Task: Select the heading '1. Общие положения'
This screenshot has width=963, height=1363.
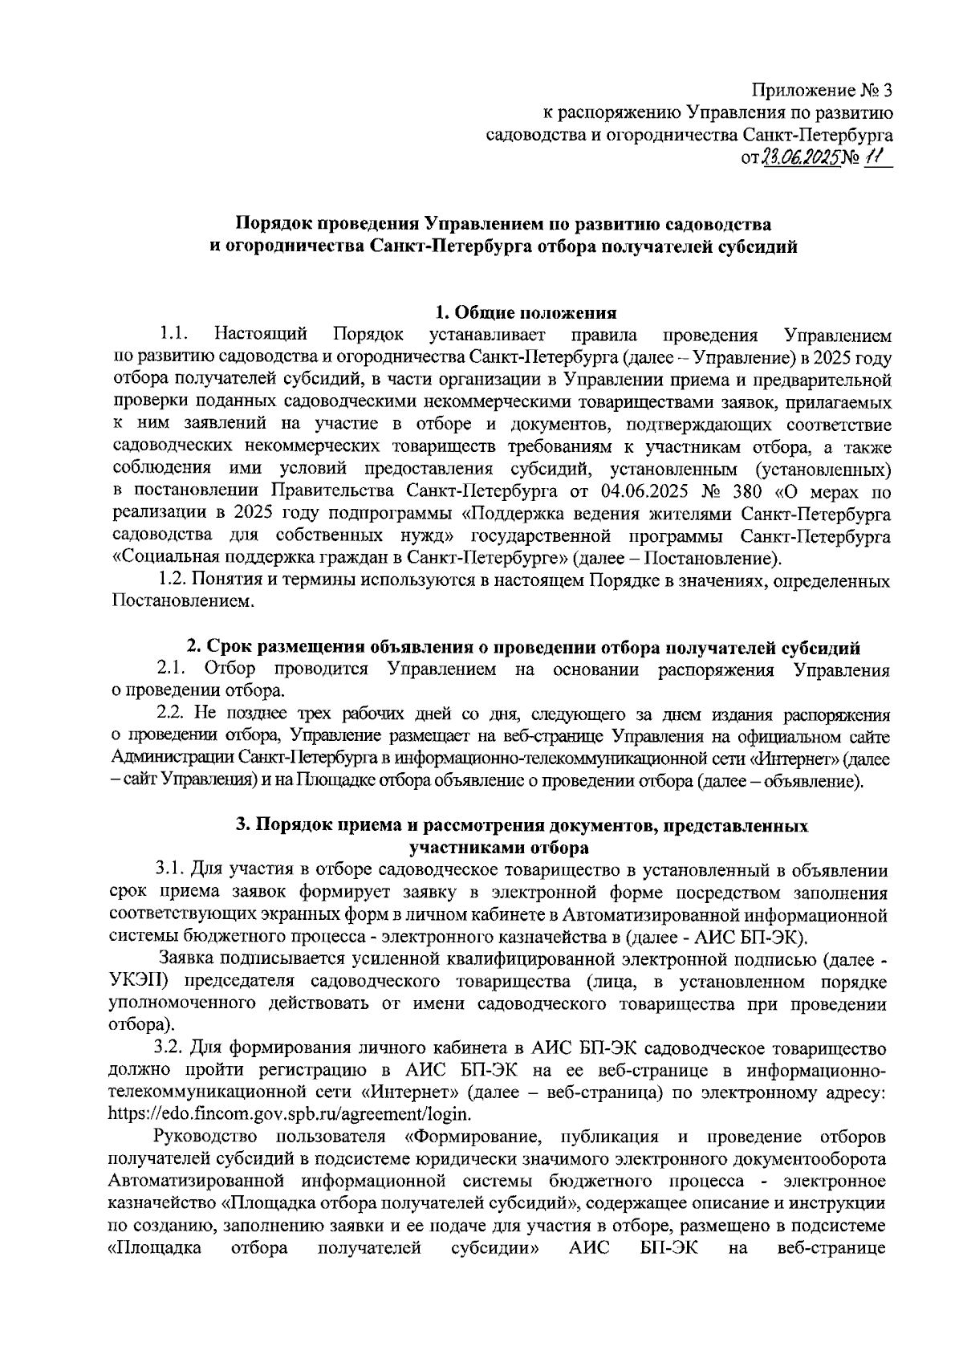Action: tap(525, 312)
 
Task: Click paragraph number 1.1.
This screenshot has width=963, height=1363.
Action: tap(173, 334)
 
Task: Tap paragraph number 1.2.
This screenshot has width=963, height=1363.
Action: tap(173, 580)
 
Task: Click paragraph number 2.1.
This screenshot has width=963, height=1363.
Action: tap(172, 669)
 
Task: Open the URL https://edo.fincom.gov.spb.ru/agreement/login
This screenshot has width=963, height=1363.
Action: tap(290, 1114)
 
